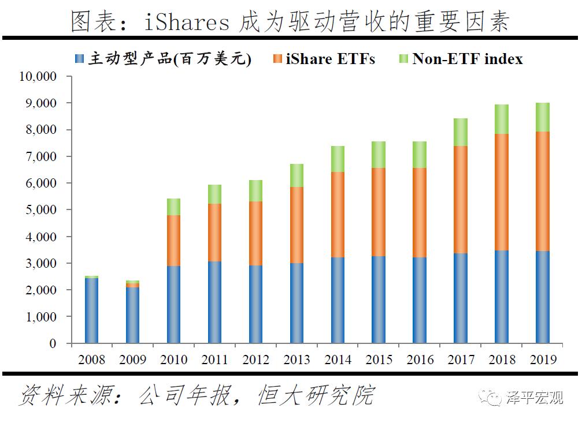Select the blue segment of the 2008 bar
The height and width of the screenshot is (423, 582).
tap(91, 310)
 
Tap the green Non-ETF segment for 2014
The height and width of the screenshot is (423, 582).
tap(338, 159)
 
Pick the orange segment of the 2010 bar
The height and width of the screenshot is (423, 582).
tap(173, 241)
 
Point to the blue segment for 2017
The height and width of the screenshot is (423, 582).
tap(460, 298)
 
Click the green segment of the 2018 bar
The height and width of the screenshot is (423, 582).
tap(501, 119)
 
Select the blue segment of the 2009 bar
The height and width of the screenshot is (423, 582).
tap(132, 315)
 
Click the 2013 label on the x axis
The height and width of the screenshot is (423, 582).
tap(296, 360)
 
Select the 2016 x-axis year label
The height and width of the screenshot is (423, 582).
tap(420, 360)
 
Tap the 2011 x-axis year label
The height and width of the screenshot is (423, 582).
tap(214, 360)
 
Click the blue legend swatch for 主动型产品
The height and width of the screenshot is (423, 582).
tap(80, 59)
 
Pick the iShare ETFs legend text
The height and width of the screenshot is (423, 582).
tap(330, 59)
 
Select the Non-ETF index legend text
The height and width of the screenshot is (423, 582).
tap(467, 59)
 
